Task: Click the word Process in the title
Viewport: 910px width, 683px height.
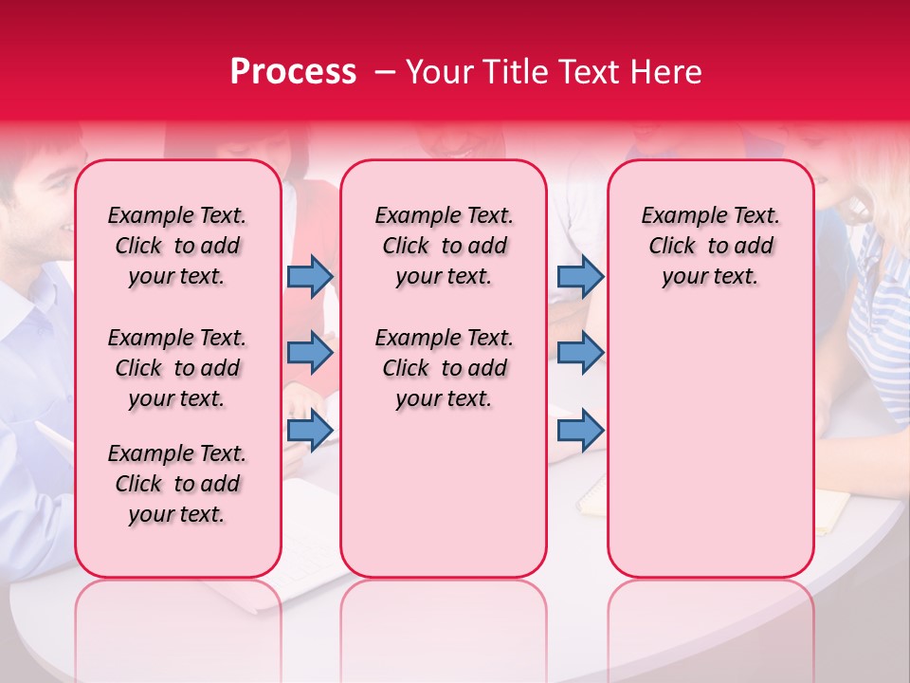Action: pyautogui.click(x=293, y=72)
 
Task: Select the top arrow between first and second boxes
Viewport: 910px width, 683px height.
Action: pyautogui.click(x=310, y=276)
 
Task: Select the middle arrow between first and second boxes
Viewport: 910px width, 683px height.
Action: pyautogui.click(x=310, y=353)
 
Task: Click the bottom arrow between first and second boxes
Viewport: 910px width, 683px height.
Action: pyautogui.click(x=310, y=430)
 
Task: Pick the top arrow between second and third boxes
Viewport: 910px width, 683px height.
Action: pyautogui.click(x=580, y=276)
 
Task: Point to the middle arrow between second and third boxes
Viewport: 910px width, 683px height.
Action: pyautogui.click(x=580, y=353)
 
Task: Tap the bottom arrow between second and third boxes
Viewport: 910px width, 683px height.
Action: pyautogui.click(x=580, y=430)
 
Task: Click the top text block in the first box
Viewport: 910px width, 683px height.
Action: pyautogui.click(x=177, y=246)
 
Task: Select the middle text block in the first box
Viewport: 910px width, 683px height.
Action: pyautogui.click(x=177, y=368)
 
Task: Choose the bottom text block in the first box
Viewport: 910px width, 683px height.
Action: pyautogui.click(x=177, y=484)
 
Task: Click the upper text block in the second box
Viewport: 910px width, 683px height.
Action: pyautogui.click(x=445, y=246)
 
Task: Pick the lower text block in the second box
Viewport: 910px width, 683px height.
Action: pyautogui.click(x=445, y=368)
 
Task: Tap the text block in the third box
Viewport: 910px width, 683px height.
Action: pyautogui.click(x=711, y=246)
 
